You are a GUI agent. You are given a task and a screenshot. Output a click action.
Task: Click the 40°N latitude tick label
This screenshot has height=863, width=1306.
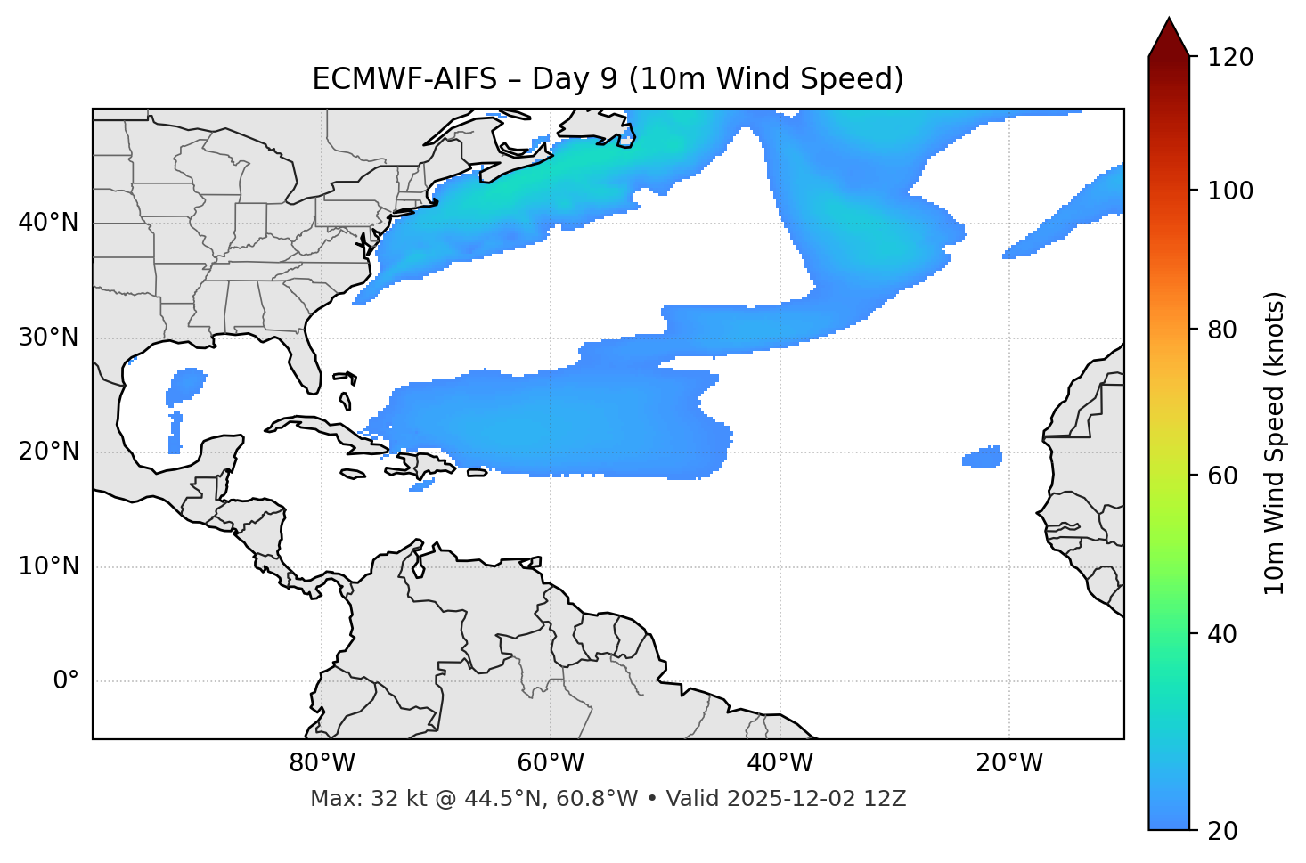coord(48,223)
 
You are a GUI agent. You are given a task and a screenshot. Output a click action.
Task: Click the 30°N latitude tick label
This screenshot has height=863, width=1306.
coord(48,338)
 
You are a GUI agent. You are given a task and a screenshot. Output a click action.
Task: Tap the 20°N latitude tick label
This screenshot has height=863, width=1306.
coord(48,452)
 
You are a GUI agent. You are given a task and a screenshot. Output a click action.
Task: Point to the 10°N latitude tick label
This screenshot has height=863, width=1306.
coord(48,566)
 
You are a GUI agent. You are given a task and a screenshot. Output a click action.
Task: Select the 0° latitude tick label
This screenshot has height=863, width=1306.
coord(65,681)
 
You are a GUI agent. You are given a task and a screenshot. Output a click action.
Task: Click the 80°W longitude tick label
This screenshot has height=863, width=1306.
coord(322,763)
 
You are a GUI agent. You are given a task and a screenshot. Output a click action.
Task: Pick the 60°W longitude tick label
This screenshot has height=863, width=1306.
coord(551,763)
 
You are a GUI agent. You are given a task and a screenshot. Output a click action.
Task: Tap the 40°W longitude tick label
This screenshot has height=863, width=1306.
coord(780,763)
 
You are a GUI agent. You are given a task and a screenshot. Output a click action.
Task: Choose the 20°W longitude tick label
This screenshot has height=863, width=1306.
coord(1008,763)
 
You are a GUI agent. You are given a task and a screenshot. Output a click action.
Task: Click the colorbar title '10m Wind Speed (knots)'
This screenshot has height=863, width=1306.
coord(1275,444)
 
